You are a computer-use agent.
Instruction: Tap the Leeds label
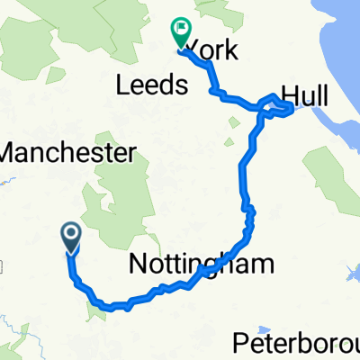(150, 86)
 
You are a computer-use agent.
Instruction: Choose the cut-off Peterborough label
(296, 343)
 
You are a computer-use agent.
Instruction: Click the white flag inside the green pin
(181, 31)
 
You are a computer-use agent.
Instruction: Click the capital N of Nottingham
(138, 265)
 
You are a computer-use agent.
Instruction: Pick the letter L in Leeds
(121, 86)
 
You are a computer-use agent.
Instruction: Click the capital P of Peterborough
(240, 343)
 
